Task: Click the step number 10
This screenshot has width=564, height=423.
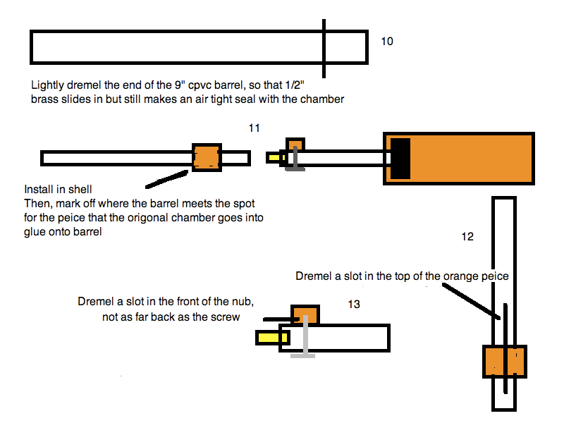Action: pyautogui.click(x=387, y=41)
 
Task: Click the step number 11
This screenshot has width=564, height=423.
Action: pyautogui.click(x=255, y=128)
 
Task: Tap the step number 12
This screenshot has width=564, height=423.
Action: pyautogui.click(x=467, y=237)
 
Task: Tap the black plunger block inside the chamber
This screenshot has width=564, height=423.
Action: pyautogui.click(x=400, y=158)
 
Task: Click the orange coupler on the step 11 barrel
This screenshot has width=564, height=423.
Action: pyautogui.click(x=207, y=157)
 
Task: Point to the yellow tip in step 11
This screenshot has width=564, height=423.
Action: pyautogui.click(x=273, y=158)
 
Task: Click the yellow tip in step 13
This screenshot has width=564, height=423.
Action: pyautogui.click(x=268, y=338)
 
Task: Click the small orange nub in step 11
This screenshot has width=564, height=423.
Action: pyautogui.click(x=295, y=144)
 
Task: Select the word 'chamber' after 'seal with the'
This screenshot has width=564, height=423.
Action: pyautogui.click(x=323, y=99)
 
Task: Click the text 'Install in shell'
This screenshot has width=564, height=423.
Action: pyautogui.click(x=59, y=190)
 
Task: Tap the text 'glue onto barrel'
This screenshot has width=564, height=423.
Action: pyautogui.click(x=63, y=233)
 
